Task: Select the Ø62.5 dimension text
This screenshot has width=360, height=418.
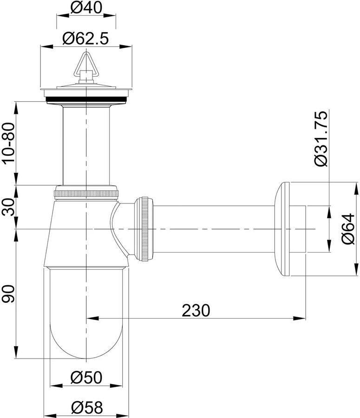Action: coord(85,39)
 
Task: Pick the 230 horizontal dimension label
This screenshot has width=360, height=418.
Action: coord(196,310)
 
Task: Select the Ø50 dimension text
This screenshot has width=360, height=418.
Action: coord(86,377)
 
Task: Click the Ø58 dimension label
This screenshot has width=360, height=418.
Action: coord(87,407)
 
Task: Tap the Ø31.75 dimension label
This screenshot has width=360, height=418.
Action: coord(321,138)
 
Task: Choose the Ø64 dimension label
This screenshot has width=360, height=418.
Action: coord(349,229)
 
